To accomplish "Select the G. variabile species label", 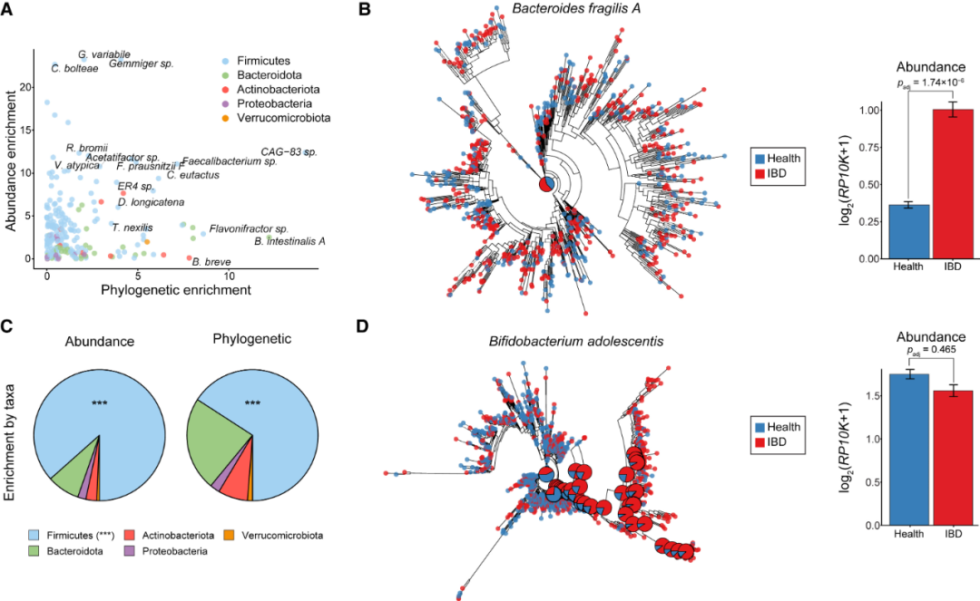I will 103,54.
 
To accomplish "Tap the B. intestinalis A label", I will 289,241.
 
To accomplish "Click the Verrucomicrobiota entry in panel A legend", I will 282,118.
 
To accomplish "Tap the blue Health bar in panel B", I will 909,231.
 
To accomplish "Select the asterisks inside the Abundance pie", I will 100,402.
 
